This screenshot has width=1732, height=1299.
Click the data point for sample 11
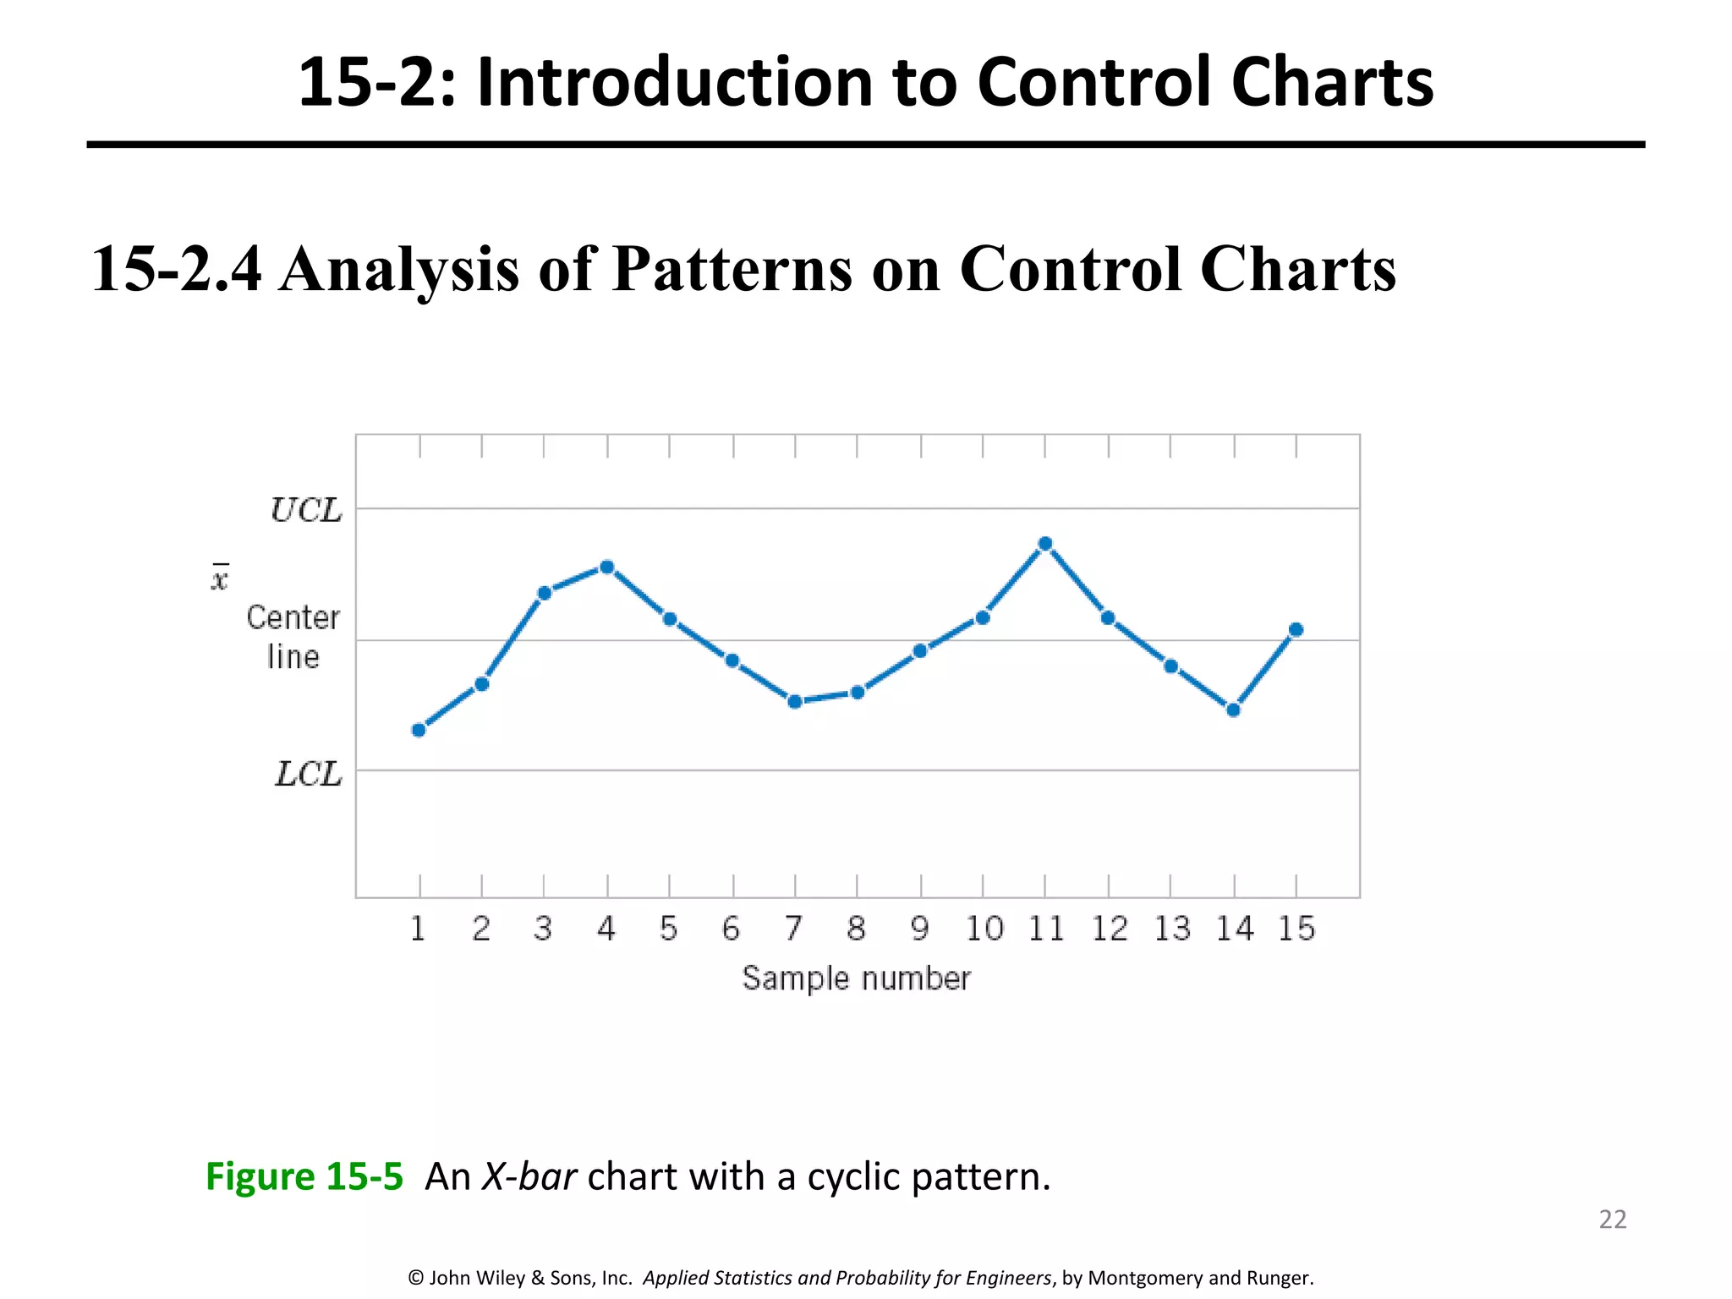pyautogui.click(x=1045, y=544)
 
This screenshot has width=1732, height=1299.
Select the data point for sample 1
pyautogui.click(x=419, y=730)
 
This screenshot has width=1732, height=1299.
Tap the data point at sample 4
pyautogui.click(x=606, y=567)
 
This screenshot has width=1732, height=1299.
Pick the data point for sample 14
pyautogui.click(x=1233, y=710)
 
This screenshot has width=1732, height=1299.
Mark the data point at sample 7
pyautogui.click(x=795, y=701)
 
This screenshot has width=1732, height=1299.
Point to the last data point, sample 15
pyautogui.click(x=1296, y=629)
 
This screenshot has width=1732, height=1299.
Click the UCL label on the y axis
pyautogui.click(x=306, y=511)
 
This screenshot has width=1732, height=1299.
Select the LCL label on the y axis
pyautogui.click(x=309, y=775)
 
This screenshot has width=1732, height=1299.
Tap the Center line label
pyautogui.click(x=293, y=637)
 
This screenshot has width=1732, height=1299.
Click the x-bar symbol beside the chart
pyautogui.click(x=220, y=578)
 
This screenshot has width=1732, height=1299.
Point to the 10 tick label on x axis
pyautogui.click(x=984, y=929)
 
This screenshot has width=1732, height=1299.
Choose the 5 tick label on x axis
pyautogui.click(x=669, y=929)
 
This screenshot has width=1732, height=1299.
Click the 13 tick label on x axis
pyautogui.click(x=1172, y=929)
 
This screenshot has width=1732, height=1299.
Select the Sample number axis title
pyautogui.click(x=856, y=978)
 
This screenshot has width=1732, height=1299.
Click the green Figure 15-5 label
pyautogui.click(x=304, y=1176)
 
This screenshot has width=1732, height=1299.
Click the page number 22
pyautogui.click(x=1612, y=1220)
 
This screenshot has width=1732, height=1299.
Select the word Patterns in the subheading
pyautogui.click(x=732, y=269)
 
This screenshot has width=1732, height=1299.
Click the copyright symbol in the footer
pyautogui.click(x=415, y=1278)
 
